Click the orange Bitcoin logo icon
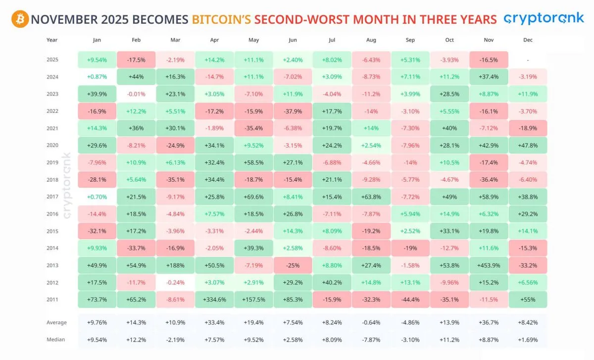click(x=19, y=19)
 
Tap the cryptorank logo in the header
click(x=543, y=19)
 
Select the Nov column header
click(x=489, y=40)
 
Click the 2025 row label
click(x=52, y=59)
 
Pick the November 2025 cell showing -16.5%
click(x=489, y=59)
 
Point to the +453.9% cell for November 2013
click(x=489, y=265)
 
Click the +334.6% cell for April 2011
click(x=214, y=300)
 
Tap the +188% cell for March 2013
click(x=175, y=265)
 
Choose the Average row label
click(x=56, y=323)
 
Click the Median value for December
click(x=528, y=340)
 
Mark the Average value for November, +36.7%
click(x=489, y=323)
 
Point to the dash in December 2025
click(x=528, y=60)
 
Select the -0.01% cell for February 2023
click(x=136, y=94)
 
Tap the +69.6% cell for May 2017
click(x=253, y=197)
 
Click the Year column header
click(x=52, y=40)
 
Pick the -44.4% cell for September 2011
click(x=410, y=300)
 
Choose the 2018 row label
click(x=52, y=180)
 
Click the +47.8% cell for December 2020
click(x=528, y=146)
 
